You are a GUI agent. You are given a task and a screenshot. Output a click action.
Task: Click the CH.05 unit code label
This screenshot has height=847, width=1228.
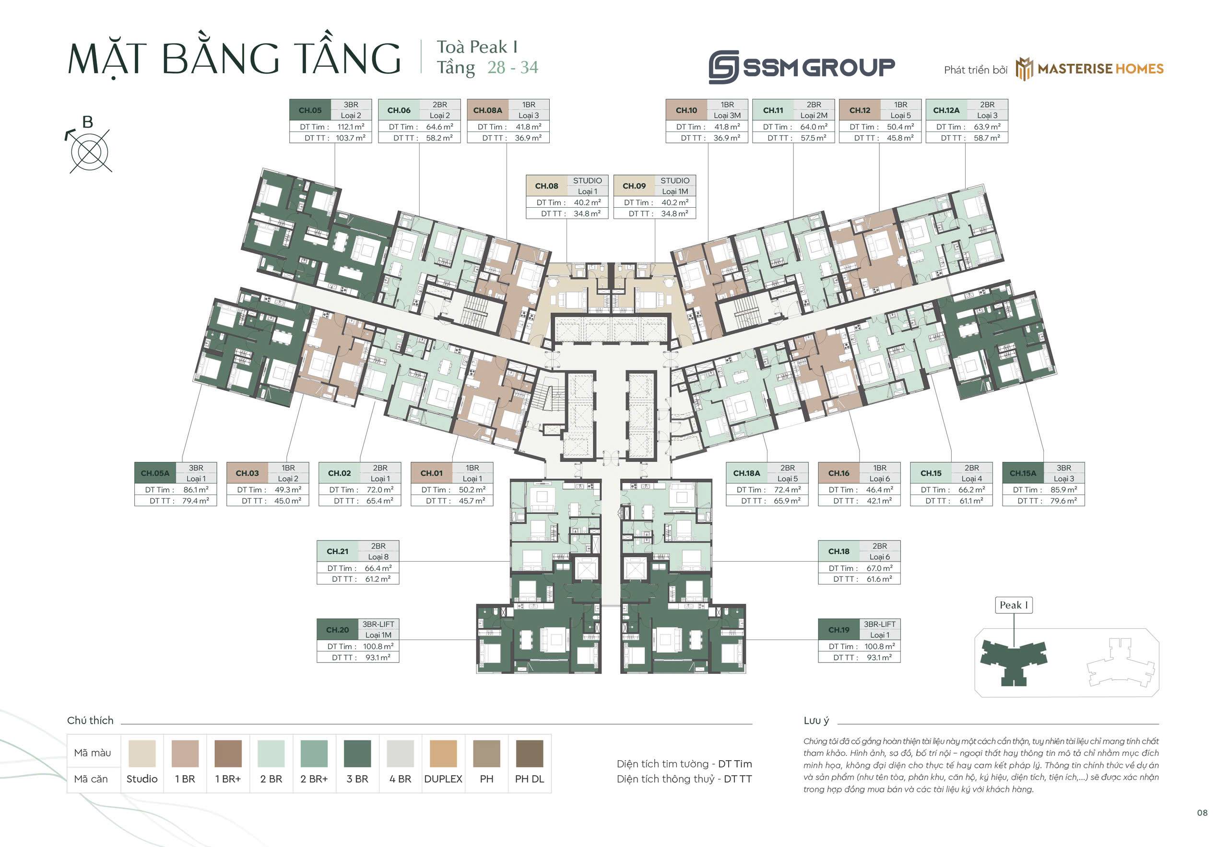(x=310, y=110)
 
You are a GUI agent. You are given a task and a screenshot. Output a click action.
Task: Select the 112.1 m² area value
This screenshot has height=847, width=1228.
(x=351, y=127)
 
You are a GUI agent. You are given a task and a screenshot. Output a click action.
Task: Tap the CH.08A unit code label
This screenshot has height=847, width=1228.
(x=488, y=110)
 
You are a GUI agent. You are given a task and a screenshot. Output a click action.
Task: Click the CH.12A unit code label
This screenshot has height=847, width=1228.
(x=946, y=110)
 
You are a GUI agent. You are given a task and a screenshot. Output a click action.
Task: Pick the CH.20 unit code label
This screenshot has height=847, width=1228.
(x=338, y=630)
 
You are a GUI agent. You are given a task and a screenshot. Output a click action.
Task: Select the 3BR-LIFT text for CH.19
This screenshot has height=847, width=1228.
(x=879, y=624)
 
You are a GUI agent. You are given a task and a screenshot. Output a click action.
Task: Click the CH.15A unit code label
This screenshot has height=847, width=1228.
(x=1023, y=473)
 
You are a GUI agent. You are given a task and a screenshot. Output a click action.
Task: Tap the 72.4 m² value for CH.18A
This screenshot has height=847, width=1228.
(x=788, y=490)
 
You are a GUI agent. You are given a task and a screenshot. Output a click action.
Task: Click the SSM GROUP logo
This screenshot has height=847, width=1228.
(x=802, y=67)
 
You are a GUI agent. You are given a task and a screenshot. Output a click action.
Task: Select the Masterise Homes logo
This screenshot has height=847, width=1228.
(x=1089, y=69)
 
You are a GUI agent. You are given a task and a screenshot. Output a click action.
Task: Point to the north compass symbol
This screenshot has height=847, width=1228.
(x=89, y=145)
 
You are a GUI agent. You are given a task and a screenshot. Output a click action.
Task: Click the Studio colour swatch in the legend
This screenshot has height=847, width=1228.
(x=142, y=753)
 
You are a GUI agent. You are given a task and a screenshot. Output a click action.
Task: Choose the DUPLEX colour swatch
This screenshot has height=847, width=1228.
(x=443, y=753)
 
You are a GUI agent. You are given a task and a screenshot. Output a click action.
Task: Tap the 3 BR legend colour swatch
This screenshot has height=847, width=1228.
(x=357, y=753)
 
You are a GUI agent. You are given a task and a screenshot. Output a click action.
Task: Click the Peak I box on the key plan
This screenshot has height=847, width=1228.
(x=1014, y=605)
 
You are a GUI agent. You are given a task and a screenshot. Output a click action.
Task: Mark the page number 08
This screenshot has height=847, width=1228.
(x=1202, y=812)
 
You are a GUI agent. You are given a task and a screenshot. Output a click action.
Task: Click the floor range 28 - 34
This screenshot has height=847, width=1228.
(x=513, y=68)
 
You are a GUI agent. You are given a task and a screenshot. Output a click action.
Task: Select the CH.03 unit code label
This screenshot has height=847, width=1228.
(x=248, y=473)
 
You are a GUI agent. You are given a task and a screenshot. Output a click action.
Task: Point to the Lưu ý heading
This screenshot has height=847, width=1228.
(x=816, y=721)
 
